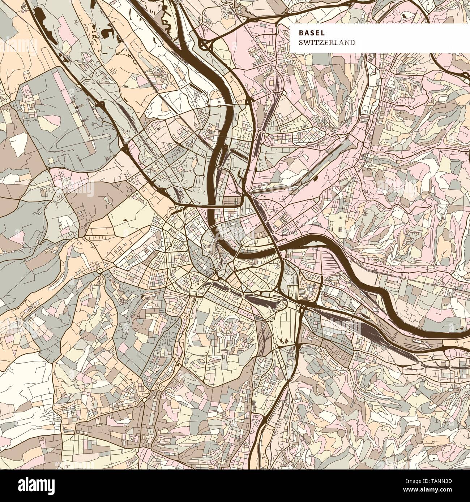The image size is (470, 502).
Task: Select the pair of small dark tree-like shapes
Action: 284,340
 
